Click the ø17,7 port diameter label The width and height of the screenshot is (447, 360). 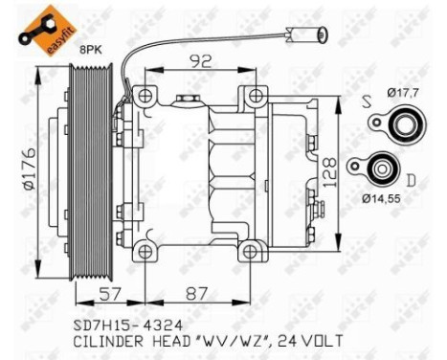(x=404, y=92)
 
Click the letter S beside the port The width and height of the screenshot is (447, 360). (x=367, y=99)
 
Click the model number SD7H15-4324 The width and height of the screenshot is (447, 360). (x=117, y=324)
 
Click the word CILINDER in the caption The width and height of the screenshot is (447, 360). (x=105, y=341)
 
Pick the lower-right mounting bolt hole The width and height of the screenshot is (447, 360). (x=251, y=251)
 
